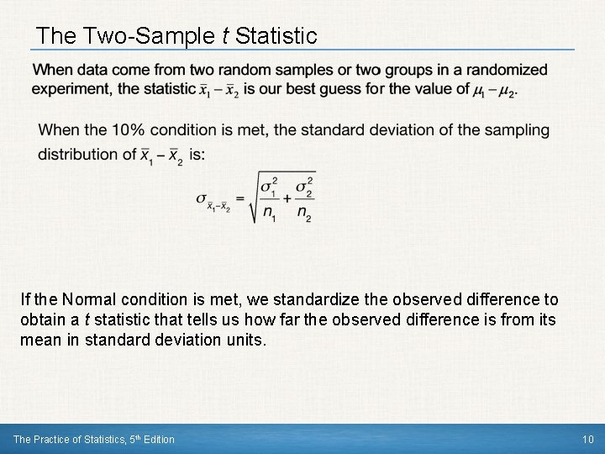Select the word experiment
[71, 90]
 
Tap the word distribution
[74, 154]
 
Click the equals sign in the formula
[239, 198]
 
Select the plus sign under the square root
[287, 198]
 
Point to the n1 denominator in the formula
[268, 214]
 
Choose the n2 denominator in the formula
[304, 214]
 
